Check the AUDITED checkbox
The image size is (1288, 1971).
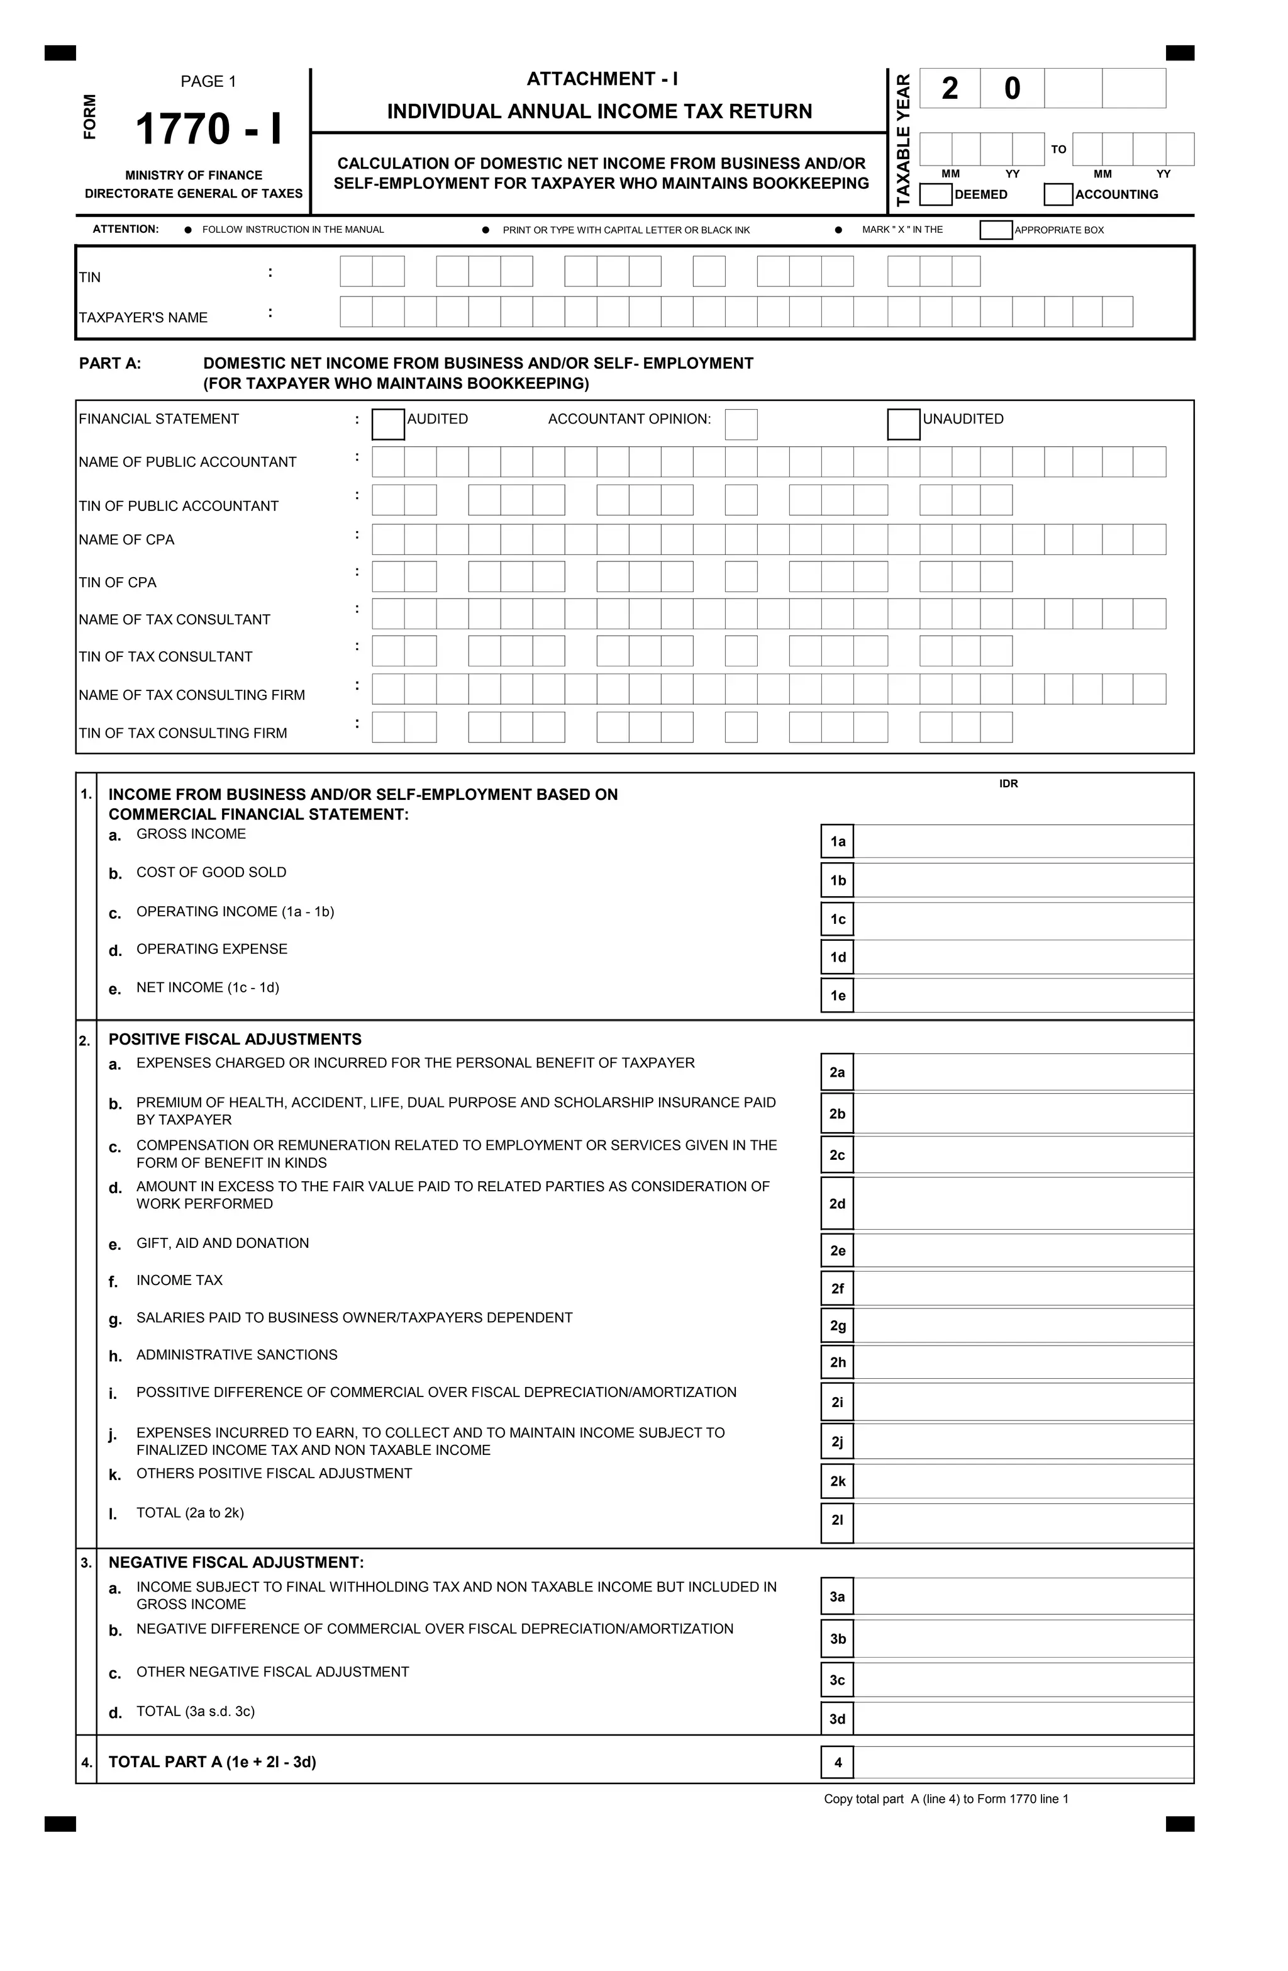(388, 424)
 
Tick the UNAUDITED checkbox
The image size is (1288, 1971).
(903, 424)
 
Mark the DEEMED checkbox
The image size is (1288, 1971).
(935, 194)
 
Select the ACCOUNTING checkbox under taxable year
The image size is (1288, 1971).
(1058, 194)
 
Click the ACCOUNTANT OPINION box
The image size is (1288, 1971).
(741, 424)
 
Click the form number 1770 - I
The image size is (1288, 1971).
(209, 129)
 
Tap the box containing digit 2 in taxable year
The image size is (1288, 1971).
(950, 89)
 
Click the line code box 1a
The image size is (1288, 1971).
(837, 841)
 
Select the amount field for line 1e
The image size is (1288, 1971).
(1023, 996)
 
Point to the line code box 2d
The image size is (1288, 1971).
(837, 1203)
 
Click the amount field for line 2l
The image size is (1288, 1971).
(1023, 1520)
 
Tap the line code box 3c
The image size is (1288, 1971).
(837, 1680)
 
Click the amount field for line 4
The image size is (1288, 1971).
(1023, 1762)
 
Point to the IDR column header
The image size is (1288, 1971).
(1008, 783)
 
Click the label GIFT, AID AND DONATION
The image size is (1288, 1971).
(223, 1243)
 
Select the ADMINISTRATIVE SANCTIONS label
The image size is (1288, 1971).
(236, 1355)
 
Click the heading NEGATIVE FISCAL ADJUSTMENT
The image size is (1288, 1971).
(236, 1563)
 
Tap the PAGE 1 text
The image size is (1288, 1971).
(209, 81)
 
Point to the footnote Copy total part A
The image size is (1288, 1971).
(945, 1799)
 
